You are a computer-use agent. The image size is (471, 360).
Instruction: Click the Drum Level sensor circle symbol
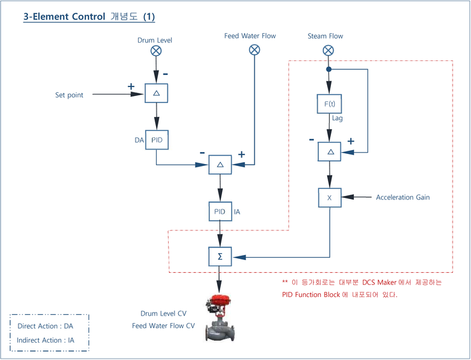tap(155, 51)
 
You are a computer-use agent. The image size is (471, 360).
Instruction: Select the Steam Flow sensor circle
tap(328, 50)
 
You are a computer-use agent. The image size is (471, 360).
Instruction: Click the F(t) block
tap(329, 104)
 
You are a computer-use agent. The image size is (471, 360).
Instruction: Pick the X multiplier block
tap(329, 198)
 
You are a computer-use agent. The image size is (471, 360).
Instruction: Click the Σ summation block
tap(220, 257)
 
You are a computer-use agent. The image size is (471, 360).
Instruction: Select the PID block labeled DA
tap(157, 139)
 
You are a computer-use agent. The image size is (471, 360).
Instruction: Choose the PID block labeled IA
tap(220, 211)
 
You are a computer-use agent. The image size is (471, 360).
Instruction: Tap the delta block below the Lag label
tap(329, 151)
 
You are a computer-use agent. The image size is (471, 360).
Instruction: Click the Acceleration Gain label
tap(402, 198)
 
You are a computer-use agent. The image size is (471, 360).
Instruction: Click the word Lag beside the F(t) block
tap(337, 118)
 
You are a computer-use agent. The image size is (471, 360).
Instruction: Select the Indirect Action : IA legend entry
tap(46, 340)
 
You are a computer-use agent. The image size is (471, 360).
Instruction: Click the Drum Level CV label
tap(164, 314)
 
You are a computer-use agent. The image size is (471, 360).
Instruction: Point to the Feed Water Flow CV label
tap(163, 326)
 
